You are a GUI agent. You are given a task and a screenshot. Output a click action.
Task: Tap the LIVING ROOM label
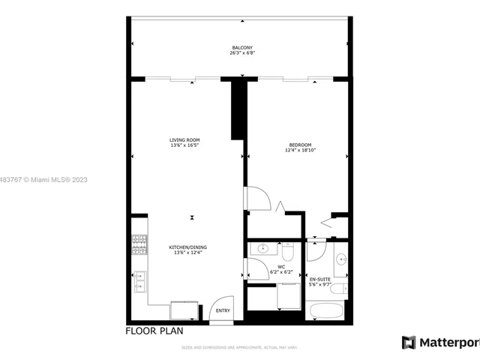[x=184, y=140]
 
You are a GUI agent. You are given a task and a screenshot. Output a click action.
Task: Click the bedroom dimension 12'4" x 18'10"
[x=300, y=150]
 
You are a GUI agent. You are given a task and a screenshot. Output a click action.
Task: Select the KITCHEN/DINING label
[x=187, y=247]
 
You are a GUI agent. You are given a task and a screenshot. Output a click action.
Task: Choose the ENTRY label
[x=223, y=310]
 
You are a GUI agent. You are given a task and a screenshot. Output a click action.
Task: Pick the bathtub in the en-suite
[x=325, y=311]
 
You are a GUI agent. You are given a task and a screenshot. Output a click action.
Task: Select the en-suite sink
[x=341, y=260]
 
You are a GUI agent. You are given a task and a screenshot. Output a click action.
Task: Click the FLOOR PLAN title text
[x=154, y=331]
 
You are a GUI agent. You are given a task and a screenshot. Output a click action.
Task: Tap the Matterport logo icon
[x=409, y=342]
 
